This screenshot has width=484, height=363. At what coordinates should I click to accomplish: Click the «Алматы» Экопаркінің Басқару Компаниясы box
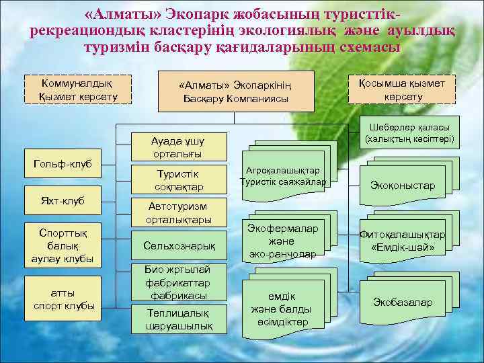[236, 91]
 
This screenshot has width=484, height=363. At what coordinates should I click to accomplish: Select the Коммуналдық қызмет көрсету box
[78, 89]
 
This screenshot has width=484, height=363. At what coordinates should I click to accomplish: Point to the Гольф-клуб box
[63, 165]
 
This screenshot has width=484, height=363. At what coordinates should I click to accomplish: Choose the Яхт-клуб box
[63, 200]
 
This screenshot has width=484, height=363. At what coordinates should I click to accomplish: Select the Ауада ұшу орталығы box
[178, 147]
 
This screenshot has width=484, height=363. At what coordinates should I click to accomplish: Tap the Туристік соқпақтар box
[178, 179]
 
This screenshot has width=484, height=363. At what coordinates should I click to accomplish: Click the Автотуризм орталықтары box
[178, 213]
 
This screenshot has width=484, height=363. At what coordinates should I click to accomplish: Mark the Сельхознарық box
[178, 246]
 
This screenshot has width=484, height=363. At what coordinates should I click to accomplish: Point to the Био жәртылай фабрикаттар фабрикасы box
[178, 282]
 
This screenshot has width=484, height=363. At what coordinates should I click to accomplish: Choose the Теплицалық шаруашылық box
[178, 319]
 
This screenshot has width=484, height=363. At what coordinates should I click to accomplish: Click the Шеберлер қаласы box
[409, 134]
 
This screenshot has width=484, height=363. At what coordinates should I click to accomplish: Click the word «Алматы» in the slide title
[114, 15]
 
